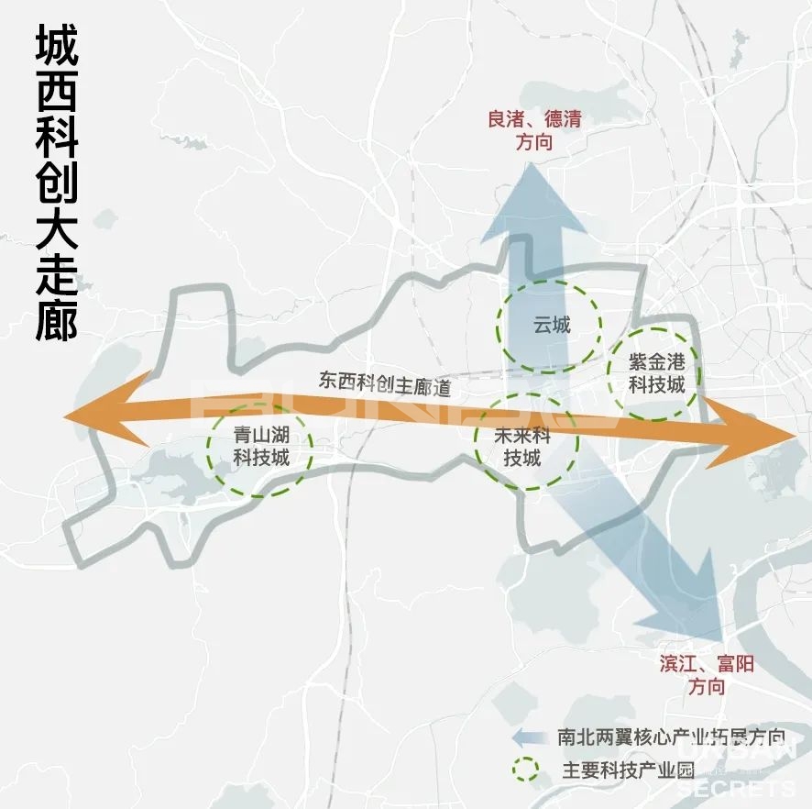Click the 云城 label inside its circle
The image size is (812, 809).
[x=551, y=325]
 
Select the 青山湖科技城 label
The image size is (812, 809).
[x=260, y=446]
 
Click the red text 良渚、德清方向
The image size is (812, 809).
[x=534, y=130]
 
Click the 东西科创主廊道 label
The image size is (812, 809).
[x=385, y=383]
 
